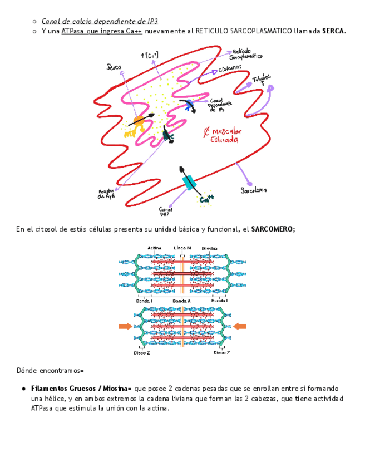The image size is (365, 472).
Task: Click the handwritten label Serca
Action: [x=114, y=67]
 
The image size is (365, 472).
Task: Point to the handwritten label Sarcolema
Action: [x=253, y=190]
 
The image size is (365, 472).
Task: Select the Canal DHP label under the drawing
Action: [x=166, y=211]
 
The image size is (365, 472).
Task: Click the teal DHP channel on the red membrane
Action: [x=190, y=181]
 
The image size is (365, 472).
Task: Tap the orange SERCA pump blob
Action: [x=139, y=120]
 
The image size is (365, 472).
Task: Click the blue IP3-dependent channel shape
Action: [x=190, y=104]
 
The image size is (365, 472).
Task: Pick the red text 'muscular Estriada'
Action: [x=223, y=135]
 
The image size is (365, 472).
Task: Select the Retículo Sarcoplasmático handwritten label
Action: [x=246, y=53]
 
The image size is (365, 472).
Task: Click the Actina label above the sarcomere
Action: [x=155, y=248]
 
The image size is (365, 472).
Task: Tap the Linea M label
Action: [x=182, y=248]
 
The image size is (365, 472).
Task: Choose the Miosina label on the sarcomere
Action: [x=209, y=248]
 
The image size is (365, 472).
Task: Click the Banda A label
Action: [x=181, y=301]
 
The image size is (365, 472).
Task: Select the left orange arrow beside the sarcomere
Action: [x=125, y=326]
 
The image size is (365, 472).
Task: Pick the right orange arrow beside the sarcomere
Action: [x=240, y=326]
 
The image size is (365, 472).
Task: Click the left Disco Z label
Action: [x=141, y=352]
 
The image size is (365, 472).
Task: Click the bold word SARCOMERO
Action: [x=273, y=229]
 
